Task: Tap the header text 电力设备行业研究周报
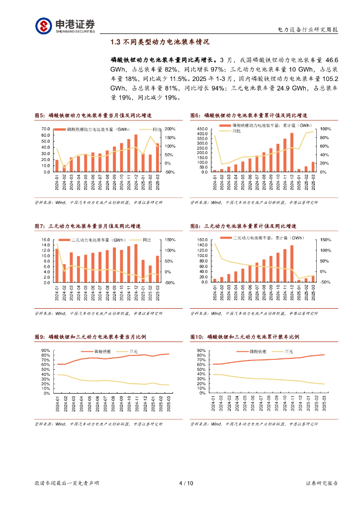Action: point(307,30)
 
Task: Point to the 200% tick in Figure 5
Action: point(169,129)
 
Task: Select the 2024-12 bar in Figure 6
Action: point(292,152)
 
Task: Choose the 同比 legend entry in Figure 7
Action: point(146,240)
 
